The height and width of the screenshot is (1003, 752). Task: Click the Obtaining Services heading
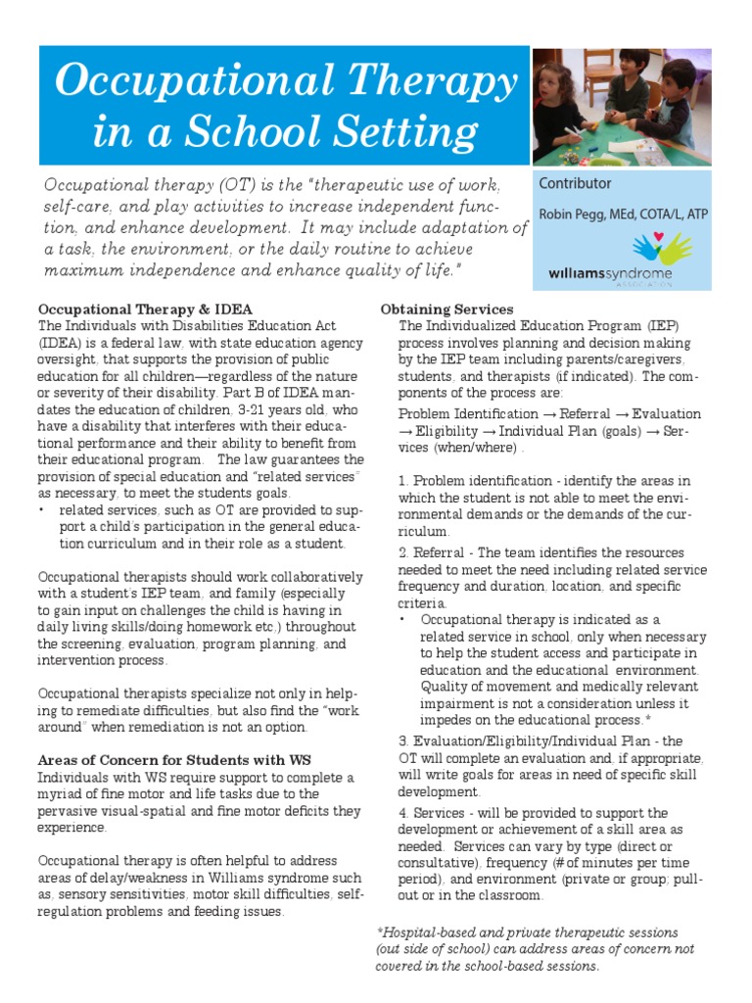coord(446,310)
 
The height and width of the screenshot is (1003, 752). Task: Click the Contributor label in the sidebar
coord(575,183)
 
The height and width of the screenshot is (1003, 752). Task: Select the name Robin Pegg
coord(569,215)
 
